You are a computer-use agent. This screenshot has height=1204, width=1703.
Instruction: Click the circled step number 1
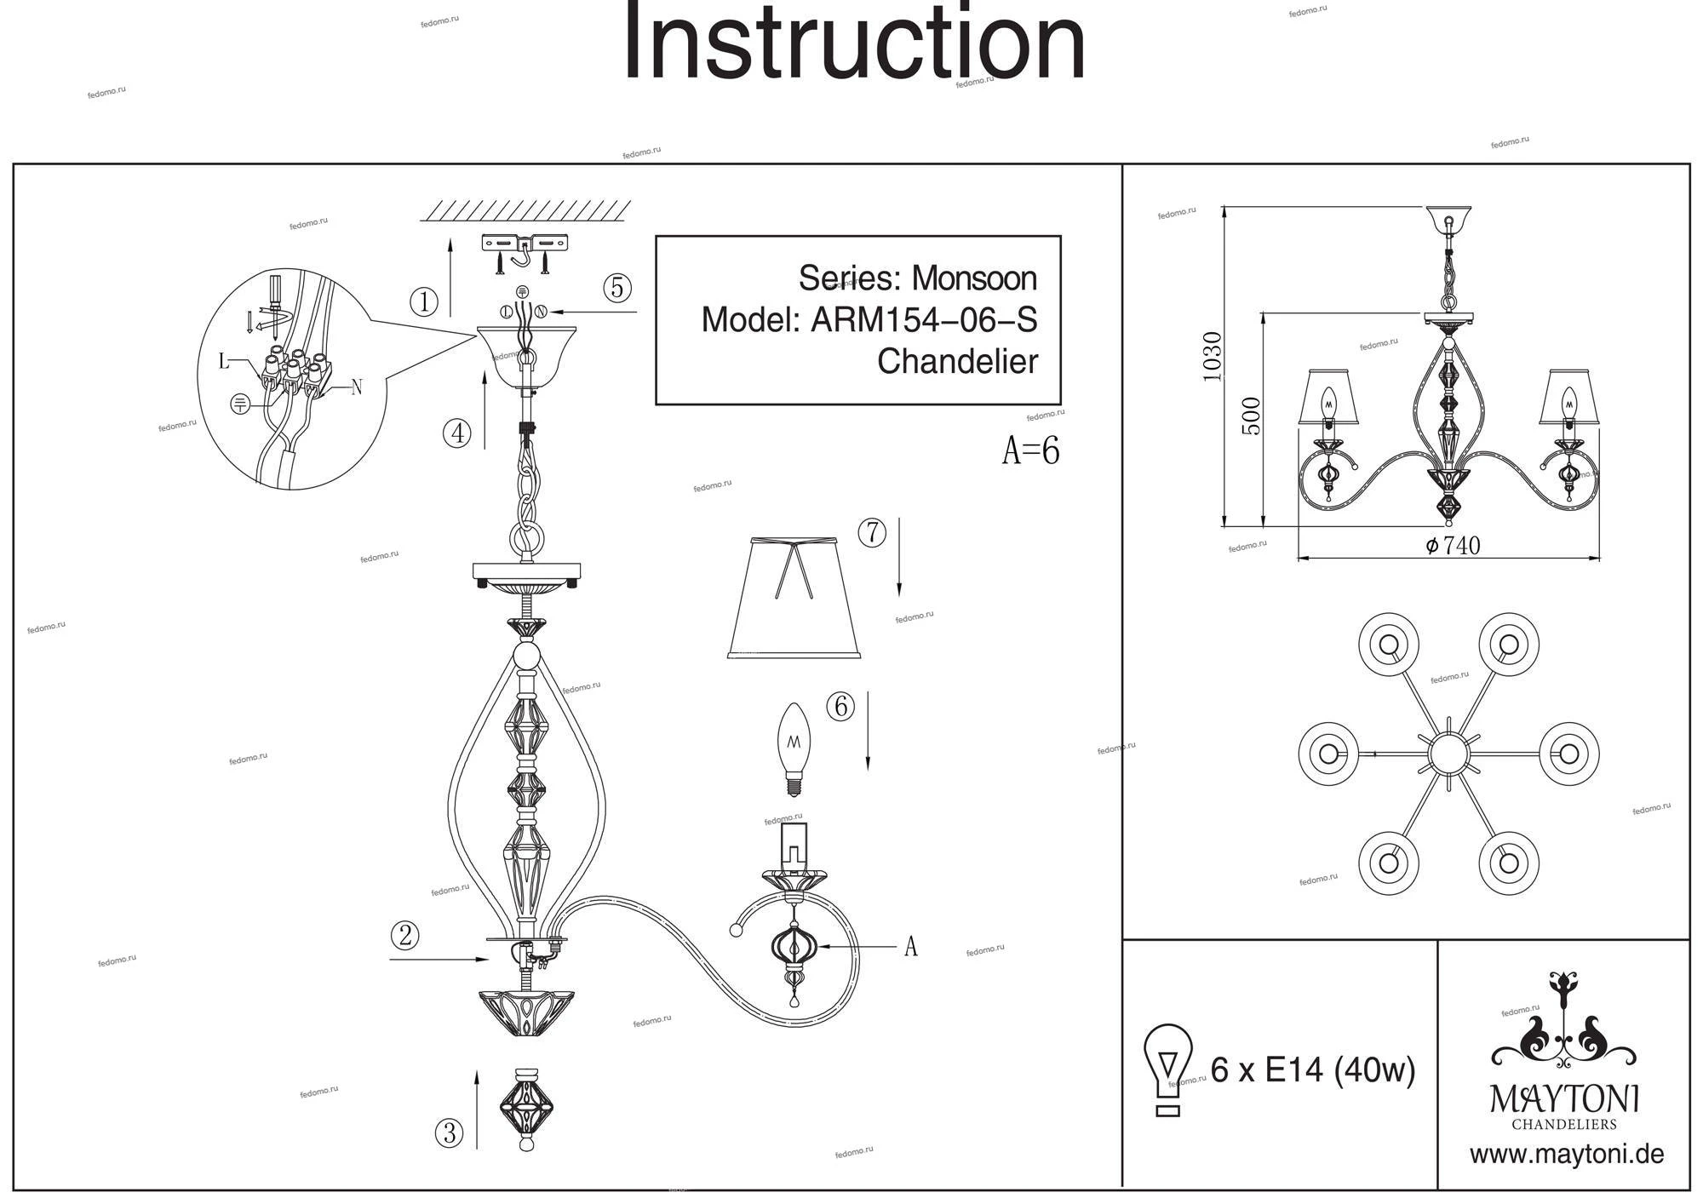pos(423,301)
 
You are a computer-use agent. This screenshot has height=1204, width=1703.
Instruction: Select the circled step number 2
pos(404,936)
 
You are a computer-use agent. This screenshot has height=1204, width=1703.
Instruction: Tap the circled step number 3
pos(449,1133)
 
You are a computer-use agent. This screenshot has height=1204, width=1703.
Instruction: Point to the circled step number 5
pos(617,288)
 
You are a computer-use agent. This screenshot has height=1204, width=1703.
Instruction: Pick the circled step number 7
pos(872,533)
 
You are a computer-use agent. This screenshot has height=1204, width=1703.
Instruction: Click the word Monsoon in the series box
pos(974,278)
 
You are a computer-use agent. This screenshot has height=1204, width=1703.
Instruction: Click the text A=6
pos(1030,450)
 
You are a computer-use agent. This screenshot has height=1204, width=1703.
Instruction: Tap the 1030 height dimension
pos(1212,356)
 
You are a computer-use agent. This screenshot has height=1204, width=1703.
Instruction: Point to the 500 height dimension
pos(1252,416)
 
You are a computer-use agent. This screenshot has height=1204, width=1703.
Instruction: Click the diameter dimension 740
pos(1454,546)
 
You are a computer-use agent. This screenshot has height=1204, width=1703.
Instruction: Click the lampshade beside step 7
pos(794,598)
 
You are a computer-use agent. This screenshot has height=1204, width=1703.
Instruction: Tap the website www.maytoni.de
pos(1567,1155)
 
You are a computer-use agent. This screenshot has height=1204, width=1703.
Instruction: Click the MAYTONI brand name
pos(1563,1099)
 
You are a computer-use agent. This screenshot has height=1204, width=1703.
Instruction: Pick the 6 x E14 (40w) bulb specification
pos(1312,1069)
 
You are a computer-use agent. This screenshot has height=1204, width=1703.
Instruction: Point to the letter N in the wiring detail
pos(357,387)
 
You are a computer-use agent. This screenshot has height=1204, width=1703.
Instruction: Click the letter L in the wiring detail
pos(224,362)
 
